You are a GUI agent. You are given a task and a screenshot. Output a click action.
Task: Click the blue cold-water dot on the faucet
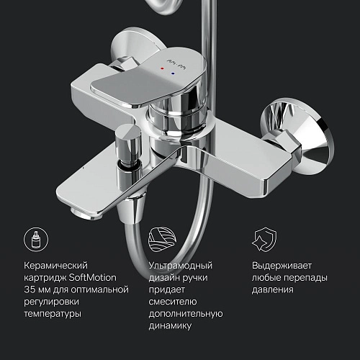tap(171, 73)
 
